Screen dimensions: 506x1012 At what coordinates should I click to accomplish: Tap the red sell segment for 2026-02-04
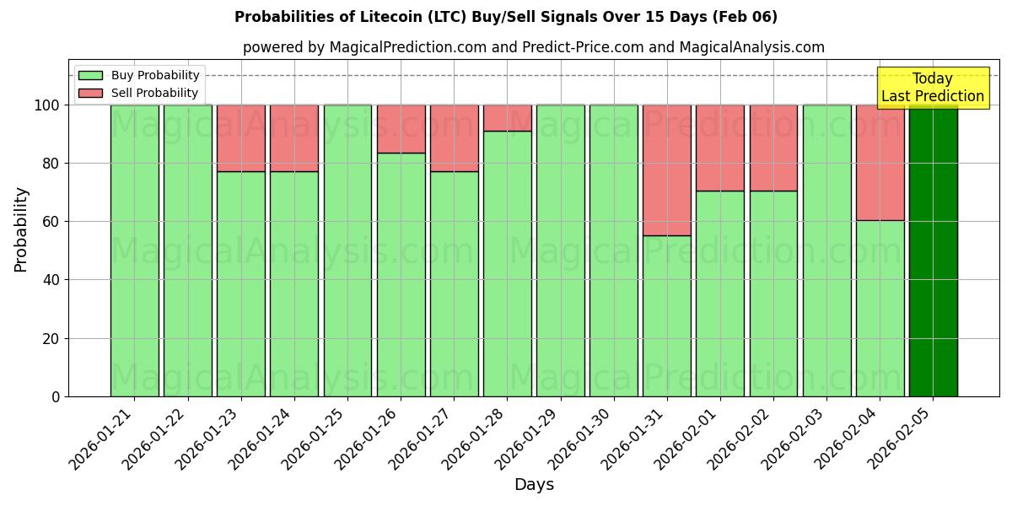coord(880,163)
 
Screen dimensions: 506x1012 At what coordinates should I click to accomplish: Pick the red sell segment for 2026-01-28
coord(508,118)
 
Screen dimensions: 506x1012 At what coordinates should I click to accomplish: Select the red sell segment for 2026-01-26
coord(401,129)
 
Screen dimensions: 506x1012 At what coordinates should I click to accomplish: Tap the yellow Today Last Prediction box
coord(932,88)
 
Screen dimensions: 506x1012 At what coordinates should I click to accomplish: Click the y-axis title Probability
coord(21,229)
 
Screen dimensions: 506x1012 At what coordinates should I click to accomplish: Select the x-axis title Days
coord(534,485)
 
